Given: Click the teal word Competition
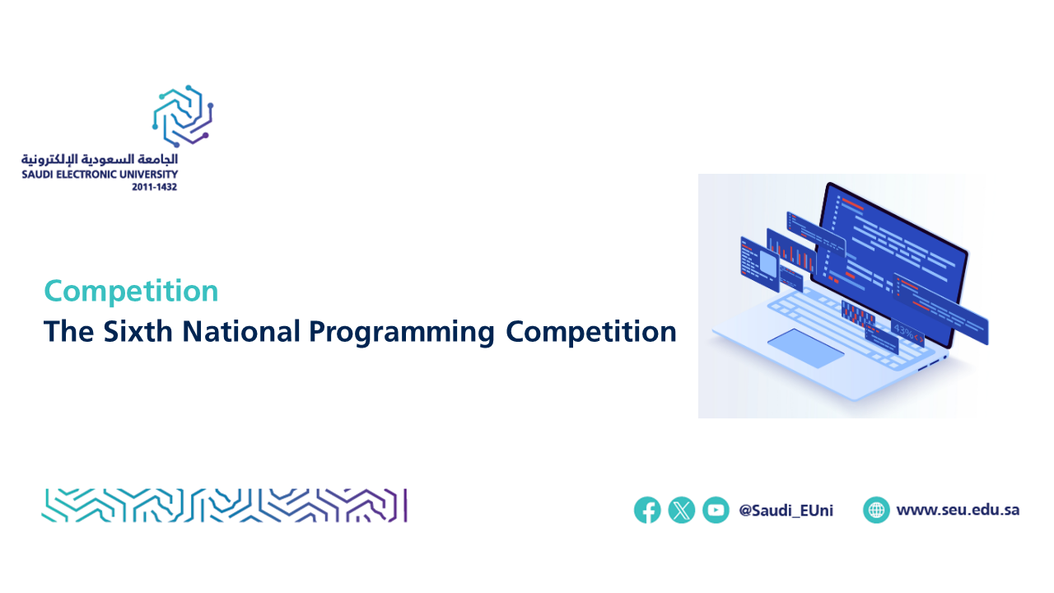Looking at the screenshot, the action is (131, 292).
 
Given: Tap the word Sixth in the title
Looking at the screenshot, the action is (138, 331).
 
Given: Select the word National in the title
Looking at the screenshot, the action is (241, 331).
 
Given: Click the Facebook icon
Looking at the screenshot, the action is (647, 510).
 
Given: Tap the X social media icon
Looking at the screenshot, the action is (681, 510).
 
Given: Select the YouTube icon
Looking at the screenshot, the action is (716, 510).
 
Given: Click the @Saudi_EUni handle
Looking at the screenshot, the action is (786, 511).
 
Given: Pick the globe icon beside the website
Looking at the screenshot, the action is (876, 510).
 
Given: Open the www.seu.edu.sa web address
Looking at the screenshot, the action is (958, 510).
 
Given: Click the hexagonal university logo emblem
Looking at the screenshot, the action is (183, 116).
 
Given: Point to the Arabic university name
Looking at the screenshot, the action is (100, 160).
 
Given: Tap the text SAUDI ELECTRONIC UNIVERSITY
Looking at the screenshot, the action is (100, 175).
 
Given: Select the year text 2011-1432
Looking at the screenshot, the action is (154, 187).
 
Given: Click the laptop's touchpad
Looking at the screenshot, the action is (805, 348).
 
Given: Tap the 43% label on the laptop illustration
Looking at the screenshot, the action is (903, 330).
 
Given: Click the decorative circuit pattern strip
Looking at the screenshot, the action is (225, 506).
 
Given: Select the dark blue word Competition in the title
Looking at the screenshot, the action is (591, 332).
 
